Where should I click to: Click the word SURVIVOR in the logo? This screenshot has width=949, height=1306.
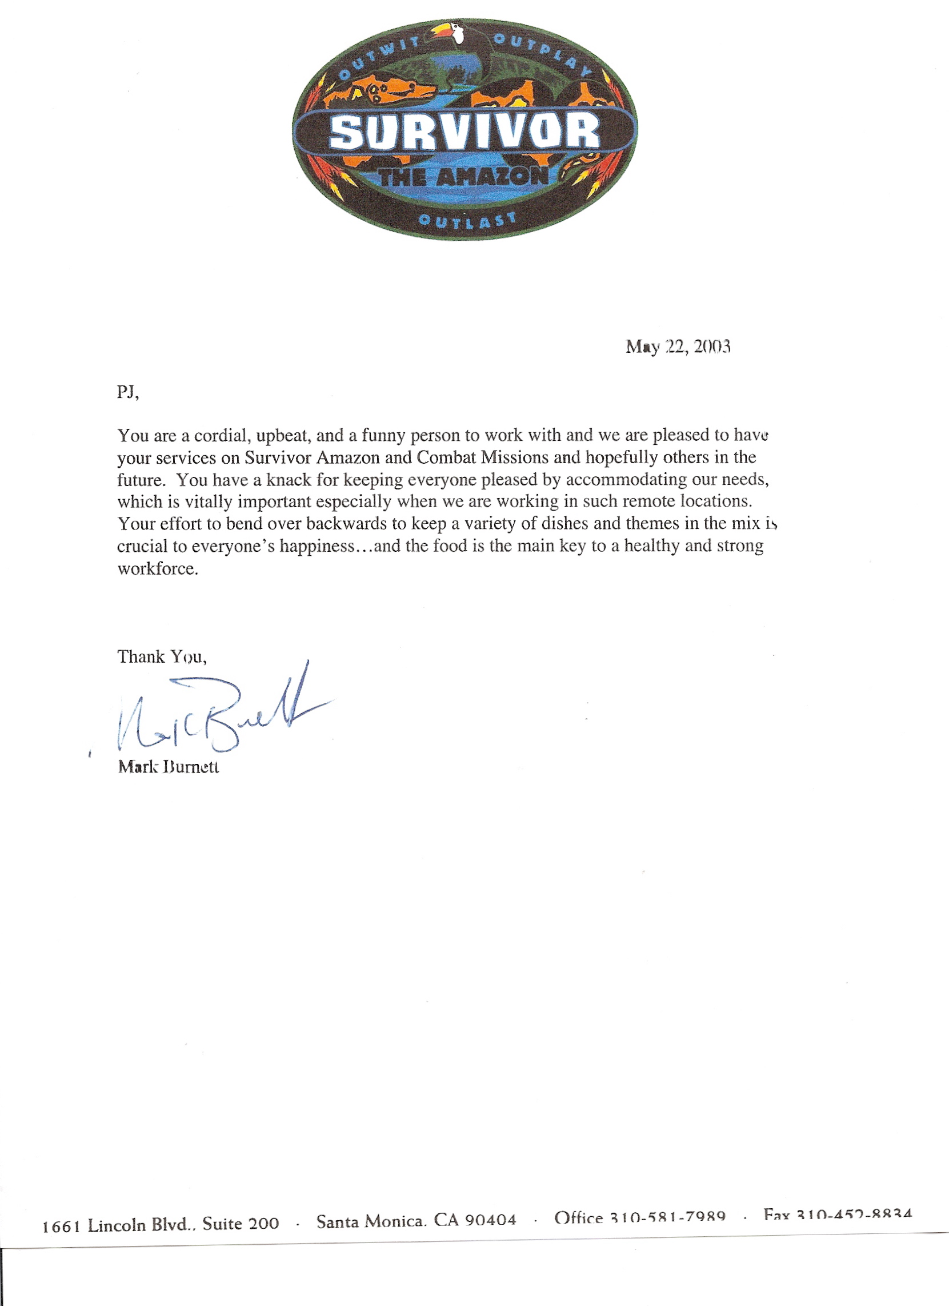464,132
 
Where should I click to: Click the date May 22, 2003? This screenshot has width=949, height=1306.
678,347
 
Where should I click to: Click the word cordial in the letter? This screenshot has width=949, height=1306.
222,436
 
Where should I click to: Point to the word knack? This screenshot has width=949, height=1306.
288,480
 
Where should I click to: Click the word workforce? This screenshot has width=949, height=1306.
158,569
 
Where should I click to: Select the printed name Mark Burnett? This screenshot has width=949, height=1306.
169,767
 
